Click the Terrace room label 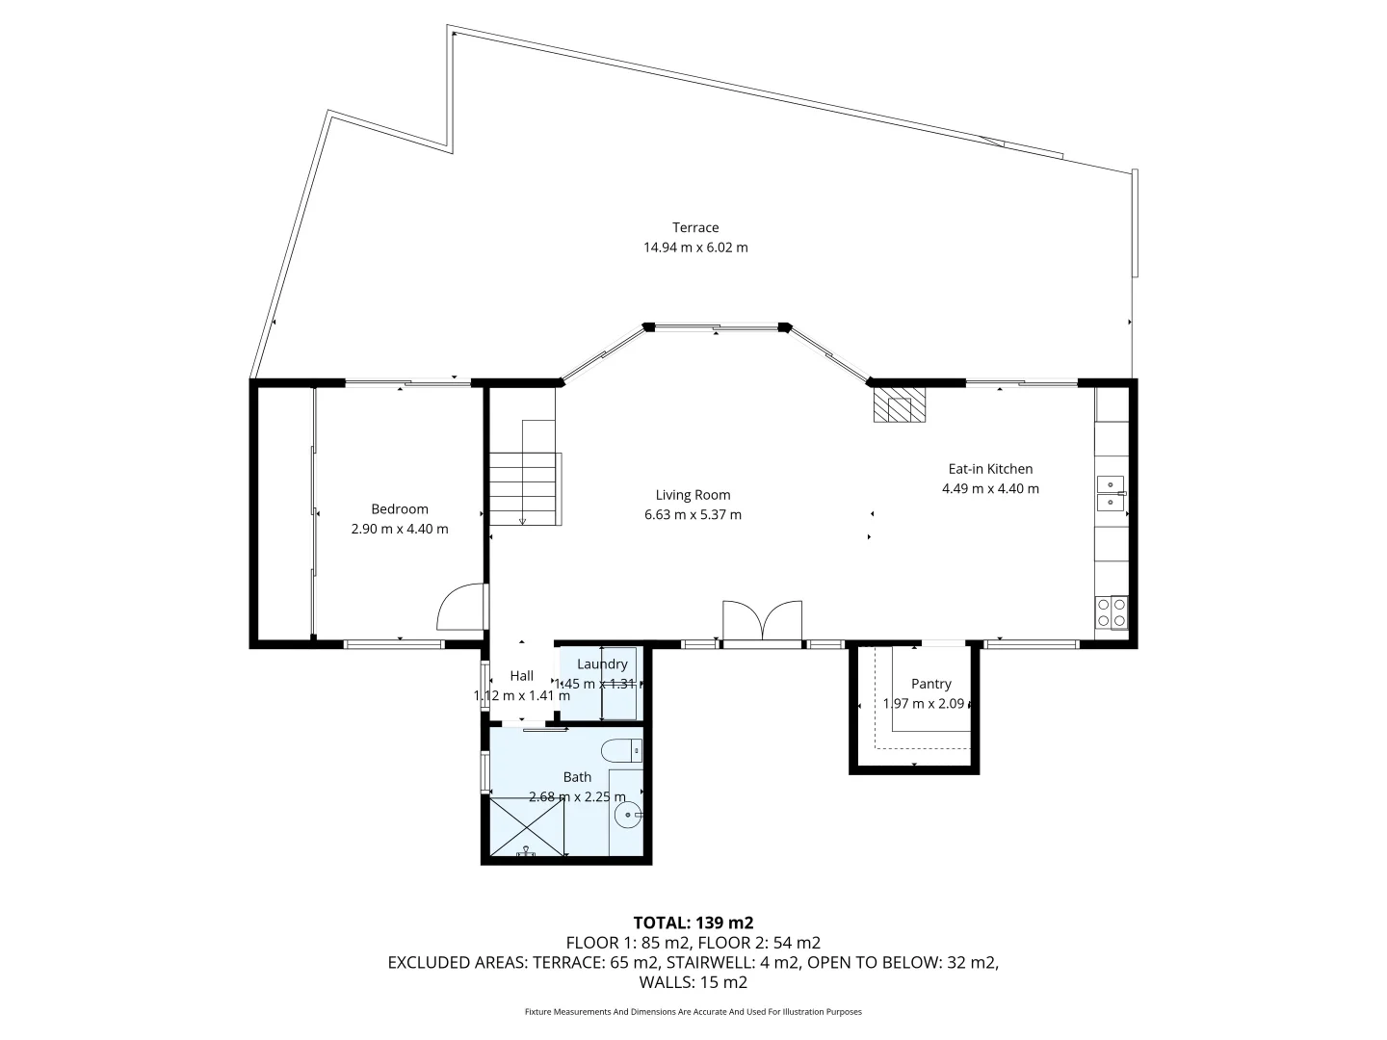tap(695, 228)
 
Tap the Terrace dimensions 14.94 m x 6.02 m tap(695, 247)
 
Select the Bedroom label tap(400, 509)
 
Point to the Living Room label tap(693, 495)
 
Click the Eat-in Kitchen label tap(990, 469)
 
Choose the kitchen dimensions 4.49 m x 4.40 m tap(990, 488)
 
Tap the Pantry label tap(930, 684)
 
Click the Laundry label tap(602, 664)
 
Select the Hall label tap(521, 676)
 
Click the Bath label tap(577, 777)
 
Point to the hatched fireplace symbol tap(899, 404)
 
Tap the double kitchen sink tap(1111, 492)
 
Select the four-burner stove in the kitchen tap(1111, 612)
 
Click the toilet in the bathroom tap(621, 749)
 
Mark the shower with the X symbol tap(526, 825)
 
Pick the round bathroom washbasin tap(628, 817)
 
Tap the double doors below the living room tap(762, 620)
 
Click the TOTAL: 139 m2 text tap(693, 923)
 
